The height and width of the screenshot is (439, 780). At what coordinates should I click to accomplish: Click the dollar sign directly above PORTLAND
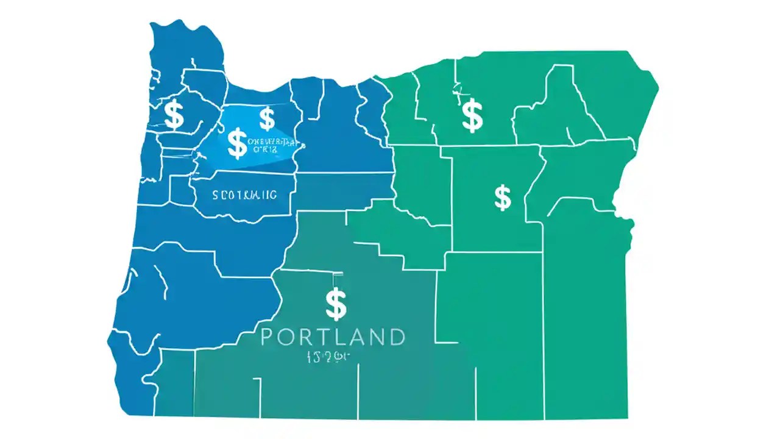pyautogui.click(x=336, y=304)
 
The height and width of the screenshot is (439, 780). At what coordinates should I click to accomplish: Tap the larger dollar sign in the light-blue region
pyautogui.click(x=237, y=143)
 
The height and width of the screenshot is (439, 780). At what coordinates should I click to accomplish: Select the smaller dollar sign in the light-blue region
pyautogui.click(x=267, y=119)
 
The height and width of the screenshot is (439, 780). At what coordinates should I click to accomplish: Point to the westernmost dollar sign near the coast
pyautogui.click(x=174, y=115)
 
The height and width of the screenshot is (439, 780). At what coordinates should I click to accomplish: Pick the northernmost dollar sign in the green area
pyautogui.click(x=472, y=116)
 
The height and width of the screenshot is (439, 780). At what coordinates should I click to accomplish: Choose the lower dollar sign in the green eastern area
pyautogui.click(x=503, y=198)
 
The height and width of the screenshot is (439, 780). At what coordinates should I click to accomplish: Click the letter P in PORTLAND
pyautogui.click(x=268, y=337)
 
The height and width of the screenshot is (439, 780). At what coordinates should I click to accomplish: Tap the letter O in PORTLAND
pyautogui.click(x=286, y=337)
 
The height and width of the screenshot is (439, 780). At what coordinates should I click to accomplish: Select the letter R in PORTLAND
pyautogui.click(x=306, y=337)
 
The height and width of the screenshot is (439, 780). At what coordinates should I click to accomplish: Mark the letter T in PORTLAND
pyautogui.click(x=323, y=337)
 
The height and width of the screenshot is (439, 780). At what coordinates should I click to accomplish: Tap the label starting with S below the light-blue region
pyautogui.click(x=244, y=195)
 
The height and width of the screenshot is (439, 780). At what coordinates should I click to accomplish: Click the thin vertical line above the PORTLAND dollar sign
pyautogui.click(x=335, y=280)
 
